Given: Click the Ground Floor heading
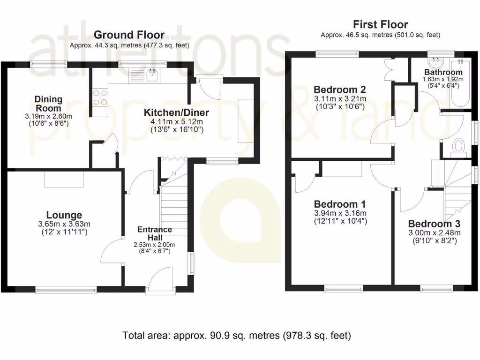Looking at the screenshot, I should click(129, 35).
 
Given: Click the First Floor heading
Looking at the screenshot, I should click(380, 24).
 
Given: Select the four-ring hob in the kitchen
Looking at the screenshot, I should click(100, 97).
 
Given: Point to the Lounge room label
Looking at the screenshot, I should click(64, 215).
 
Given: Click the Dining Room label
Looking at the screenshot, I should click(48, 104).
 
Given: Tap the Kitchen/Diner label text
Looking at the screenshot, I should click(176, 112).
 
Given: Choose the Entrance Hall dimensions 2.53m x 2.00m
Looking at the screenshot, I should click(154, 244).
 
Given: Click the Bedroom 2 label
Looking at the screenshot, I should click(339, 90).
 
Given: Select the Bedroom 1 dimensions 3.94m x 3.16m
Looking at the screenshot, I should click(340, 213).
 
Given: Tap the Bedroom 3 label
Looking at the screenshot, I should click(434, 224).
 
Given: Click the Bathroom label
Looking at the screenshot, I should click(443, 72).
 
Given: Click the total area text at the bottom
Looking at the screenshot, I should click(237, 336).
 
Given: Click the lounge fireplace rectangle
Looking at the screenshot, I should click(64, 179).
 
